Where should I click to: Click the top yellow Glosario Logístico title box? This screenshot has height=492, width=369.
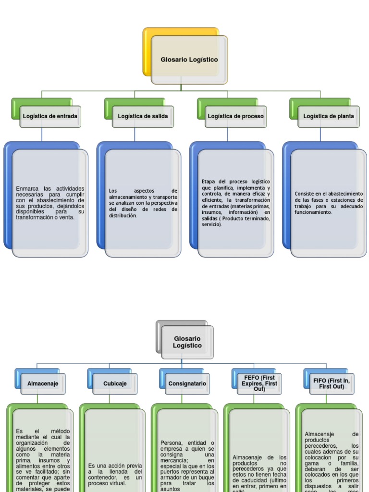(x=189, y=60)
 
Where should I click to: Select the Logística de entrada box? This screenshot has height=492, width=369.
(x=50, y=116)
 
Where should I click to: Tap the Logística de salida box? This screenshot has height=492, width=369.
(x=143, y=116)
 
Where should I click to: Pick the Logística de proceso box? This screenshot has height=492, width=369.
(x=235, y=116)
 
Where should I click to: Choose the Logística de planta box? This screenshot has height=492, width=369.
(x=329, y=116)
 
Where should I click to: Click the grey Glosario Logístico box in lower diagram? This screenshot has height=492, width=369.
(x=187, y=342)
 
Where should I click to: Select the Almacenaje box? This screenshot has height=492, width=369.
(x=43, y=384)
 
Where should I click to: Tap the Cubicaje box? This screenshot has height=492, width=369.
(x=115, y=384)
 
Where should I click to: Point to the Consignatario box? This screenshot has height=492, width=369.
(x=187, y=384)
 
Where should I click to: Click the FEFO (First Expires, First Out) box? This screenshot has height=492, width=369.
(x=259, y=383)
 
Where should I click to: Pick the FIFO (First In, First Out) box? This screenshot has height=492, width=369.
(x=332, y=383)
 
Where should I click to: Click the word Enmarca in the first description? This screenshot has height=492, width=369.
(x=26, y=188)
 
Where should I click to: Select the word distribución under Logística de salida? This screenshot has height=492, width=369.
(x=123, y=216)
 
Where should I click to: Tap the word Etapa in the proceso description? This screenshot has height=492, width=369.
(x=209, y=182)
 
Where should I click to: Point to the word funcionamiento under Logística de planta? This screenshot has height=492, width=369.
(x=313, y=212)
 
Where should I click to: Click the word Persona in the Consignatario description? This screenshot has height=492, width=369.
(x=172, y=443)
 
